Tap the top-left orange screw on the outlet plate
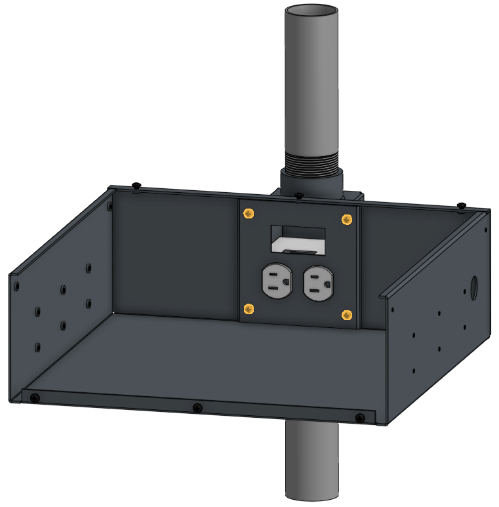[249, 214]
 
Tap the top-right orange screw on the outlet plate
[346, 219]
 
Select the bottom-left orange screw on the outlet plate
[249, 309]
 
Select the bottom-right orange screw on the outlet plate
[346, 315]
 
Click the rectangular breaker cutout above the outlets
[298, 239]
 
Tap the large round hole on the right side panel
[475, 286]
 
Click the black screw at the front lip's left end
[35, 397]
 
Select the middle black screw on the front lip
[197, 409]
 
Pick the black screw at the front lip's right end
[359, 418]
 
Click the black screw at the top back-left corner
[136, 185]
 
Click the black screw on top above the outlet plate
[299, 195]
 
